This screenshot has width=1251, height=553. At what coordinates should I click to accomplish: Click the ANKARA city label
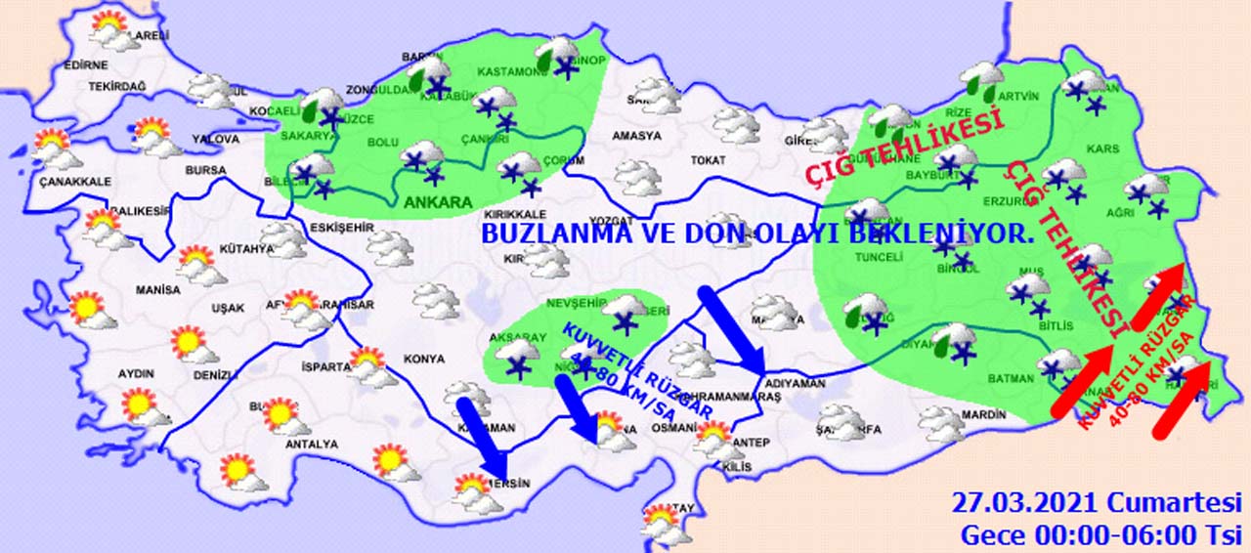(x=439, y=202)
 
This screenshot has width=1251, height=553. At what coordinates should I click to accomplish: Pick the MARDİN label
(x=982, y=415)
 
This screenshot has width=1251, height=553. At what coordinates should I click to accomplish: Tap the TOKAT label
(x=708, y=160)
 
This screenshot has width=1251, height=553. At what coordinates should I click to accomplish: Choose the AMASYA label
(x=636, y=136)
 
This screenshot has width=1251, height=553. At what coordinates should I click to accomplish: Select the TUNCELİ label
(x=878, y=256)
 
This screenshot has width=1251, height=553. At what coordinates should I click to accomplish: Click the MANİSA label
(x=158, y=290)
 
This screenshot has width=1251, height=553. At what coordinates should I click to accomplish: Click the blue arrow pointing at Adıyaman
(x=733, y=330)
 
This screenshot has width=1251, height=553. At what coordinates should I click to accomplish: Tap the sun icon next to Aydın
(x=139, y=404)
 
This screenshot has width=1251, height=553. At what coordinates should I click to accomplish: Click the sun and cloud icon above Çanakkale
(x=54, y=149)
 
